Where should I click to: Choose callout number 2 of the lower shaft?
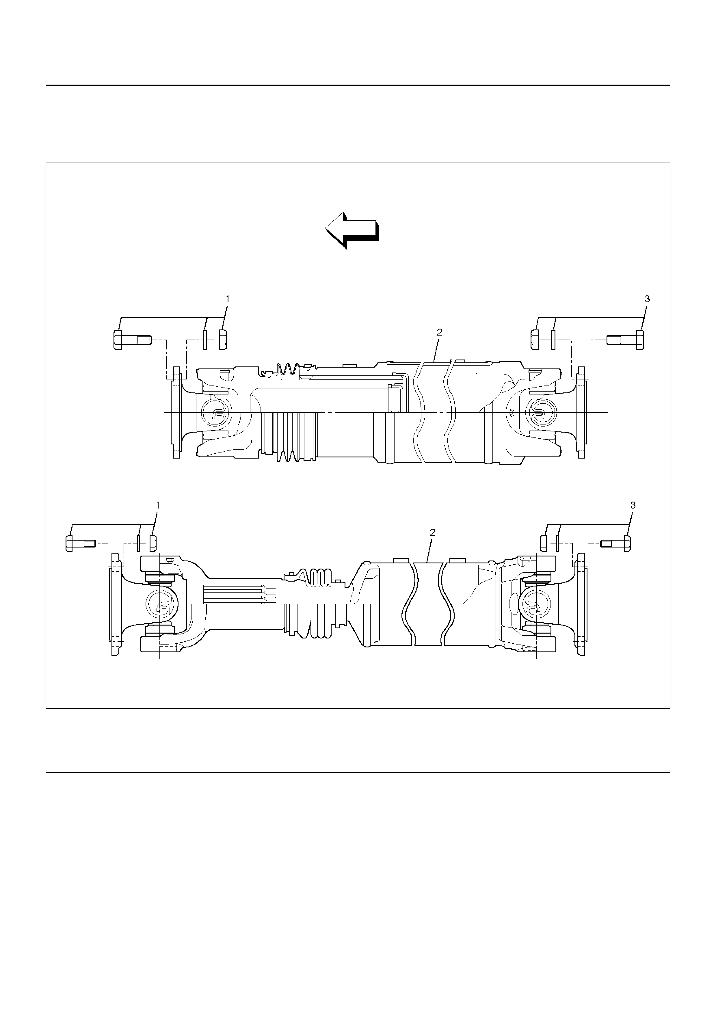(x=432, y=532)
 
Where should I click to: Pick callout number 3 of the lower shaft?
(x=633, y=505)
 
